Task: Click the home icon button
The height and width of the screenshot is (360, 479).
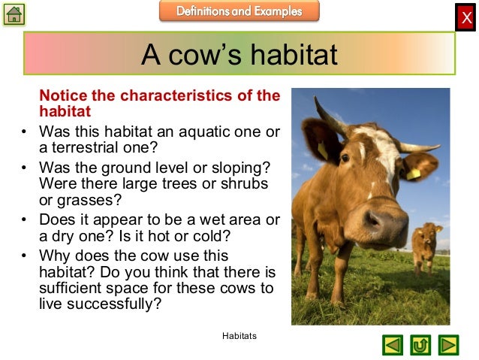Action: point(14,14)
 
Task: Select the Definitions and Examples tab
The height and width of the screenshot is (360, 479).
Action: point(239,11)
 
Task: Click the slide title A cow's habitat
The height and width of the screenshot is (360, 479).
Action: point(239,54)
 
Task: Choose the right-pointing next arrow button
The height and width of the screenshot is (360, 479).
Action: point(448,345)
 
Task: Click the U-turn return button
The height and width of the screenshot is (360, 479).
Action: point(420,345)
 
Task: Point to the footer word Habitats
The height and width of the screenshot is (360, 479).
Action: point(239,336)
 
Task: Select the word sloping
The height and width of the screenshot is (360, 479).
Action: point(245,167)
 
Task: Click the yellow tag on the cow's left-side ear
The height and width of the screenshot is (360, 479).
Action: point(322,150)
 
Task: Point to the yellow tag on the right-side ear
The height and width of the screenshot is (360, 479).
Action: point(414,172)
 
